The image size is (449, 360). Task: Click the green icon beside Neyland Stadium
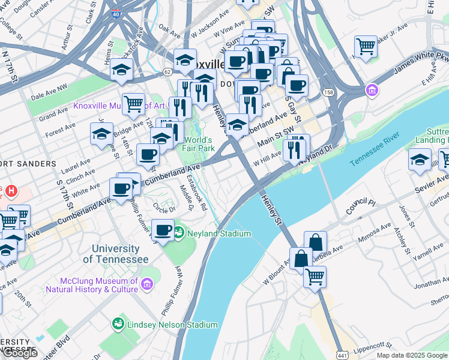pos(179,233)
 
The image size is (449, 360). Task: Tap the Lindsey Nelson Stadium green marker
pos(118,325)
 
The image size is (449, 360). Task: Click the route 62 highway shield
pos(166,71)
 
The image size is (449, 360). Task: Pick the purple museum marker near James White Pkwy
pos(372,91)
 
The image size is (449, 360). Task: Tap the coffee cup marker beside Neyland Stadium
pos(162,229)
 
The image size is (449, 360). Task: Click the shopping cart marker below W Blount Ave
pos(314,277)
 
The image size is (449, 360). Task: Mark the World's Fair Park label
pos(199,143)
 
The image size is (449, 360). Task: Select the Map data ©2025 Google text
pos(412,355)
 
